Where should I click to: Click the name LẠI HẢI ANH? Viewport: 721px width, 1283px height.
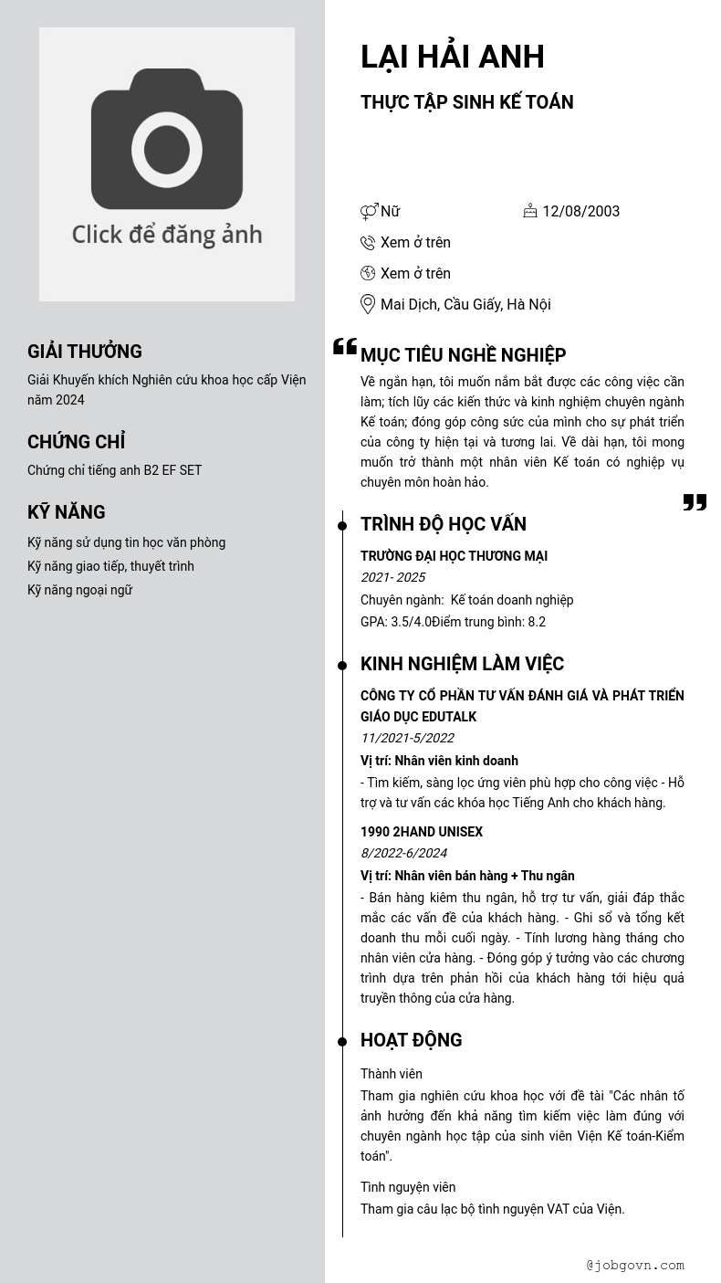click(452, 57)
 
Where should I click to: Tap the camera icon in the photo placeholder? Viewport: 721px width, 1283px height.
click(167, 139)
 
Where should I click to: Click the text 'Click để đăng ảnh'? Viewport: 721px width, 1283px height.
click(167, 235)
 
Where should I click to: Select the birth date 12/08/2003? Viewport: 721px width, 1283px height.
click(580, 212)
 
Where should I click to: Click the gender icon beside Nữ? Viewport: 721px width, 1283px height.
click(369, 212)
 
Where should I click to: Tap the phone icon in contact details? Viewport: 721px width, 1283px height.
click(368, 243)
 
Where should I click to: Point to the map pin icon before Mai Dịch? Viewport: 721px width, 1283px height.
click(368, 304)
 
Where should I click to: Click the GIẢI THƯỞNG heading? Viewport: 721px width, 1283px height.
click(85, 352)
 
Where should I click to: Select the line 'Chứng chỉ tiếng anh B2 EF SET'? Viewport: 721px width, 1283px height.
click(114, 470)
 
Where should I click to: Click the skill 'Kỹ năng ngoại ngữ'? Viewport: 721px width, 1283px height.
click(79, 590)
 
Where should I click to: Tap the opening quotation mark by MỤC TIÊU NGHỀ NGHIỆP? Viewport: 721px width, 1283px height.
click(345, 346)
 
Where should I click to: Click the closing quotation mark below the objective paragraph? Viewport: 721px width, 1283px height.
click(695, 502)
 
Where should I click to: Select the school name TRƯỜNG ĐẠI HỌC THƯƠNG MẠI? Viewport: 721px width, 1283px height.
click(454, 556)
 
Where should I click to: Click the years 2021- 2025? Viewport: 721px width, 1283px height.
click(392, 577)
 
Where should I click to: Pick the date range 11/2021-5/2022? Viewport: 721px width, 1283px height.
click(407, 738)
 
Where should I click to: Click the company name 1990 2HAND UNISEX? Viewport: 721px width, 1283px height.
click(422, 832)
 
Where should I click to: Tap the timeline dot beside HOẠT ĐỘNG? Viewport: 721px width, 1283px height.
click(342, 1042)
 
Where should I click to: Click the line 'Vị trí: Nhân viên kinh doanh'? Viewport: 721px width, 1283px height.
click(439, 761)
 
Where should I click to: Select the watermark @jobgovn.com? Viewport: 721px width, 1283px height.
click(635, 1265)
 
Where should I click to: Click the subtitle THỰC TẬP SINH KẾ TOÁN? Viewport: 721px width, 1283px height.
click(466, 102)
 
